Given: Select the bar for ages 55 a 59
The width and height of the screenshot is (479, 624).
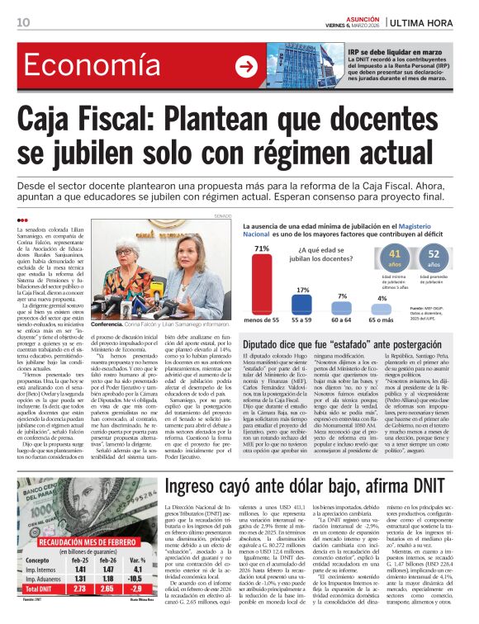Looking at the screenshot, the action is pyautogui.click(x=302, y=304).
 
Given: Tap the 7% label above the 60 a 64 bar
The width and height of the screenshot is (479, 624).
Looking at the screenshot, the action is pyautogui.click(x=342, y=295).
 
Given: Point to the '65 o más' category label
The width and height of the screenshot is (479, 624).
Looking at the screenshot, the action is pyautogui.click(x=382, y=319).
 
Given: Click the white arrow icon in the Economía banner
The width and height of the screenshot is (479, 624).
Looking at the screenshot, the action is pyautogui.click(x=245, y=67).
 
